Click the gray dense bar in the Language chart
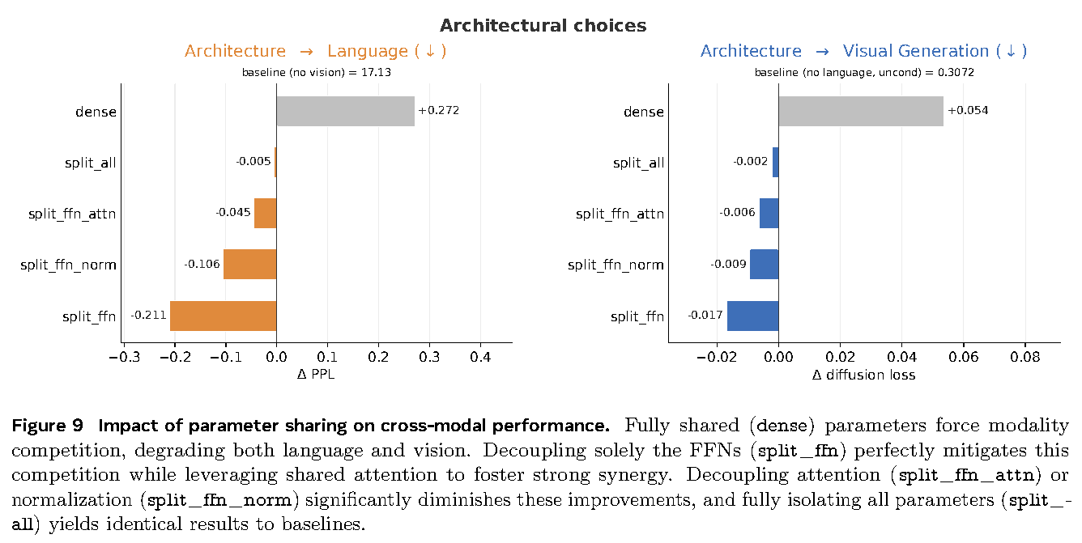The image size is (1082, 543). pos(345,111)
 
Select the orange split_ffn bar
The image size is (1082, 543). pos(224,316)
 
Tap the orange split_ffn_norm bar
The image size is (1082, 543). pos(250,264)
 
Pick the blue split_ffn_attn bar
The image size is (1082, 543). pos(769,213)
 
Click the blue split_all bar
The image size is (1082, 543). pos(776,162)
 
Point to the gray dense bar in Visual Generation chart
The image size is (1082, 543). pos(861,111)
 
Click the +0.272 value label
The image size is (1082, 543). pos(439,111)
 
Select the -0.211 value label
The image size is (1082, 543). pos(148,315)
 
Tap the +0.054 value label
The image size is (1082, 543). pos(968,111)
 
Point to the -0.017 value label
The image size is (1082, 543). pos(705,315)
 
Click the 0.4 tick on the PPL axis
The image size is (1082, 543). pos(480,357)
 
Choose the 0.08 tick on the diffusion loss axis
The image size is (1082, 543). pos(1025,357)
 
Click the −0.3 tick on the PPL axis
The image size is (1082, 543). pos(124,357)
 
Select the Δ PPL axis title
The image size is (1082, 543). pos(316,375)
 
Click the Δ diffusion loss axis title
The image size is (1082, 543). pos(863,375)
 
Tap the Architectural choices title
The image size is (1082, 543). pos(543,26)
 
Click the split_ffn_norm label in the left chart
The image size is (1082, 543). pos(68,265)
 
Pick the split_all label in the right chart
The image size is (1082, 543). pos(638,163)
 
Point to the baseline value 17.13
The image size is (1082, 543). pos(376,72)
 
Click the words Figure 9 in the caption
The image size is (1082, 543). pos(47,426)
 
